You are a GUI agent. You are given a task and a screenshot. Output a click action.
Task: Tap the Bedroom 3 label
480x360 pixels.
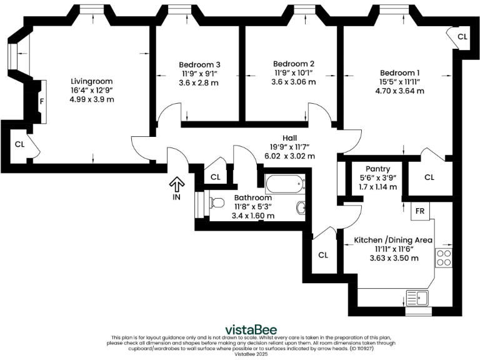tap(199, 64)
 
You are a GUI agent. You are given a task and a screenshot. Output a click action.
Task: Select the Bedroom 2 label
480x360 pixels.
tap(293, 64)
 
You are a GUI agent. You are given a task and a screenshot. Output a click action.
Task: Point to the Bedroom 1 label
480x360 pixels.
tap(399, 72)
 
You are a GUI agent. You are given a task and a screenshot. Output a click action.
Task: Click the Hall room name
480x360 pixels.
tap(289, 138)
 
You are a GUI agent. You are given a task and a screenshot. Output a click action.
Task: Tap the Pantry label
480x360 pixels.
tap(378, 169)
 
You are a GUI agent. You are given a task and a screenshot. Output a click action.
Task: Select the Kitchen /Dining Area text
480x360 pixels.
tap(393, 240)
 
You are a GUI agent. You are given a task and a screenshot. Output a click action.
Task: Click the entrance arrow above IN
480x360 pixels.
tap(177, 184)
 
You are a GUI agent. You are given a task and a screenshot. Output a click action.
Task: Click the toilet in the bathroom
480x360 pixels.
tap(215, 202)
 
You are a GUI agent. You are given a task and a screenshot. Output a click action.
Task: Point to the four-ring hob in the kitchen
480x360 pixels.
tap(444, 258)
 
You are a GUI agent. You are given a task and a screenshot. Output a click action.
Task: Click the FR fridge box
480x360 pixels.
tap(421, 211)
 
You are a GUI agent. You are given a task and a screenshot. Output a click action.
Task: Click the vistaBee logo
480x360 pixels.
tap(251, 329)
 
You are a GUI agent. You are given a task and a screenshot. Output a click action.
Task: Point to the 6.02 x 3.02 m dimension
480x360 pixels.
tap(289, 156)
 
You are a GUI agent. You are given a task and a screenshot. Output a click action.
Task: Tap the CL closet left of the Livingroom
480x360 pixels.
tap(21, 145)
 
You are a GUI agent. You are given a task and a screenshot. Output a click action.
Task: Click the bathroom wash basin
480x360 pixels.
tap(301, 207)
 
